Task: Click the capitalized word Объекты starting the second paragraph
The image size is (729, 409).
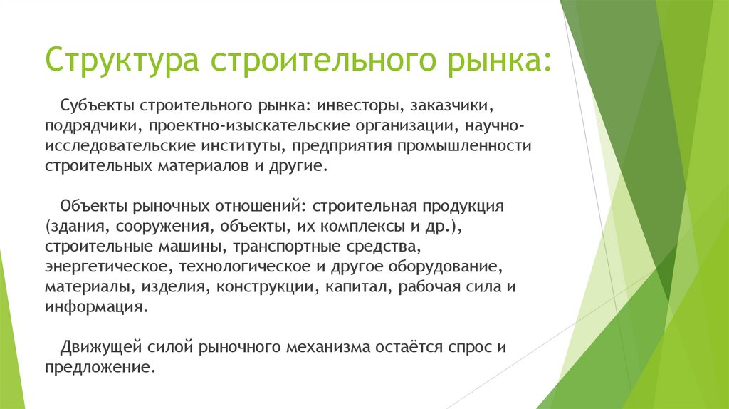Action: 92,206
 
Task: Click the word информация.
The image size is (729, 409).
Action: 95,306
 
